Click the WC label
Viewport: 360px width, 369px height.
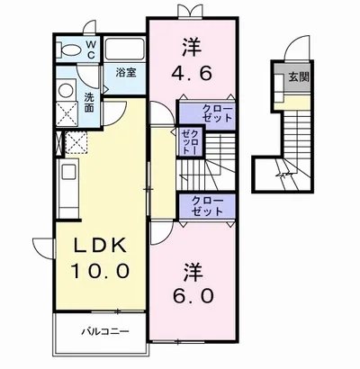tap(91, 48)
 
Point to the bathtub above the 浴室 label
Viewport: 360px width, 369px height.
tap(124, 49)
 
